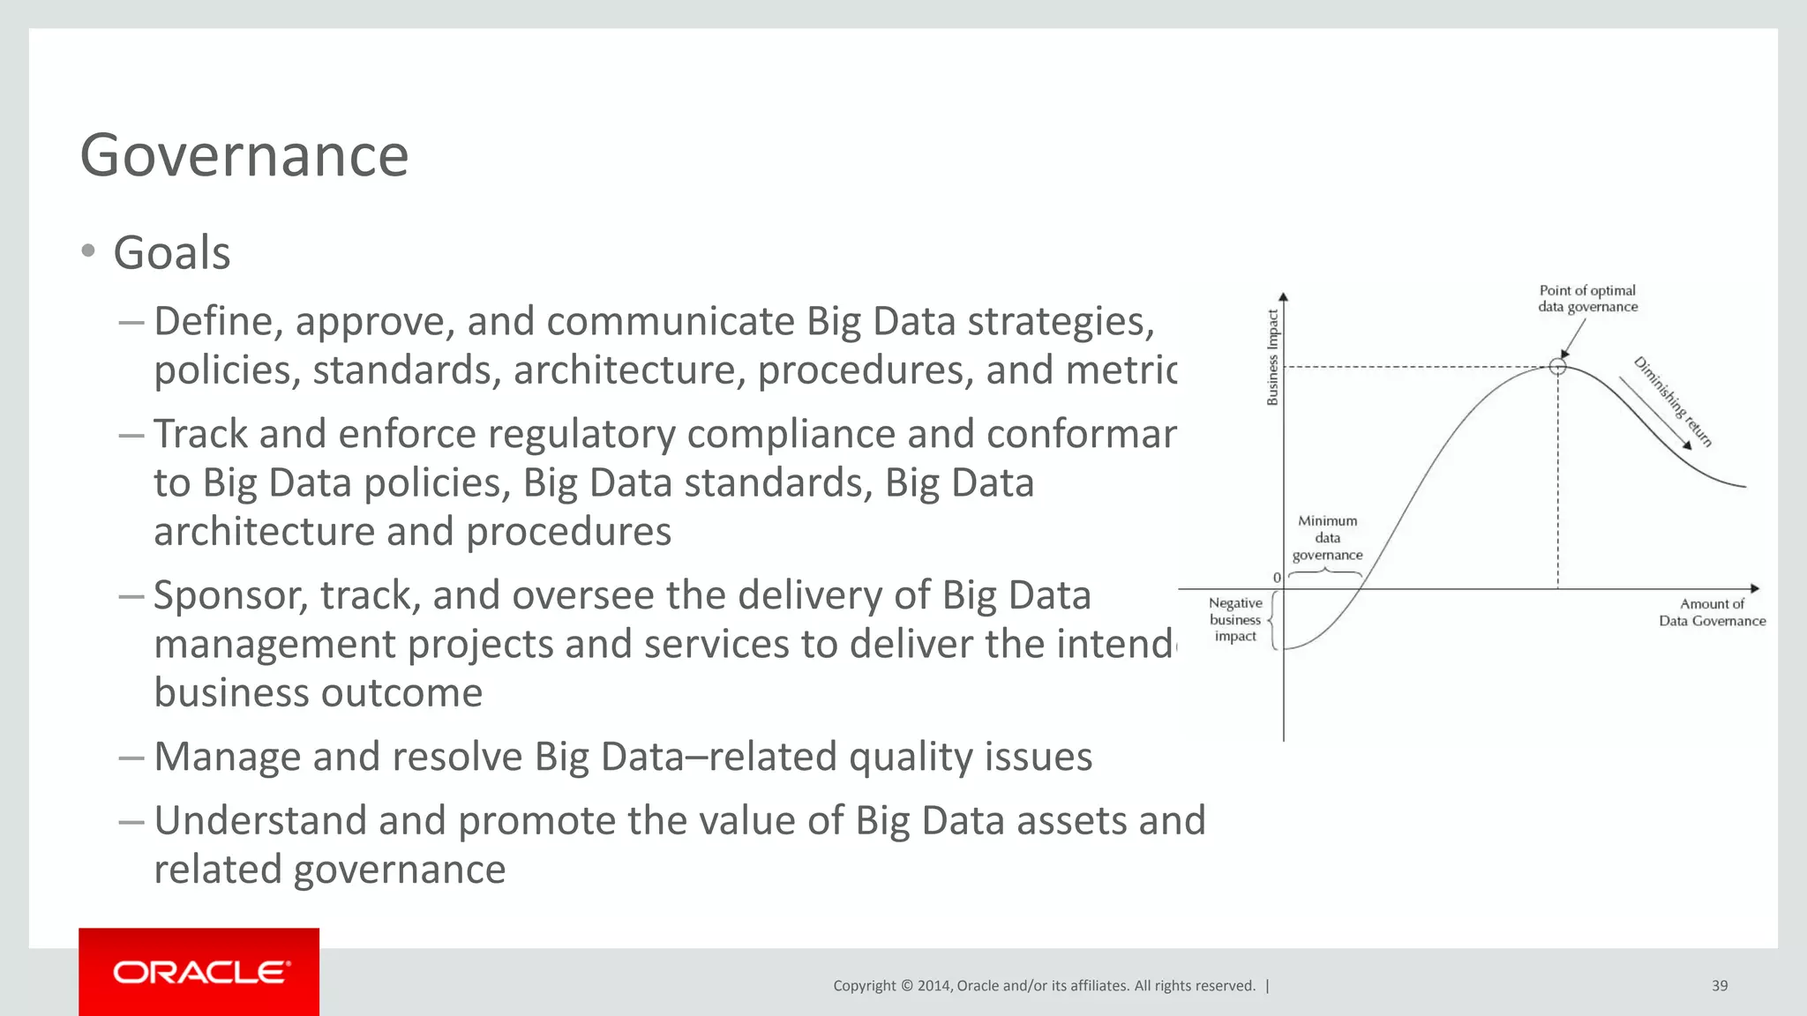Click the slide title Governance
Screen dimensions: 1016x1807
point(244,156)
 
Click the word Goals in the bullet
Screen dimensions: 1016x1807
point(172,253)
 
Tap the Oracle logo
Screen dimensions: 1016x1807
point(199,972)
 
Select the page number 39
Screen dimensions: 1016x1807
point(1719,986)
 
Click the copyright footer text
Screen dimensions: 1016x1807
point(1044,986)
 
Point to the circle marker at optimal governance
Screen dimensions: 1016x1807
point(1557,366)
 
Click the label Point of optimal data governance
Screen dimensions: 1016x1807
point(1587,298)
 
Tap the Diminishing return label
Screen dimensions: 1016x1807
point(1673,401)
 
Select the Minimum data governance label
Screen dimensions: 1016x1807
point(1327,538)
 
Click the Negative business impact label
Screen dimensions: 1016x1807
point(1235,619)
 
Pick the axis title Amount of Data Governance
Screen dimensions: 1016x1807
point(1712,612)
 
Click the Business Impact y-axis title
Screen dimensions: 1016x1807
point(1272,357)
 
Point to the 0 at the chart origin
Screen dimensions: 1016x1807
point(1277,578)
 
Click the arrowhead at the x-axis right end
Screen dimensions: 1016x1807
point(1755,588)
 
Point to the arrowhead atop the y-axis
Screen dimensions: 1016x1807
point(1283,297)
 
